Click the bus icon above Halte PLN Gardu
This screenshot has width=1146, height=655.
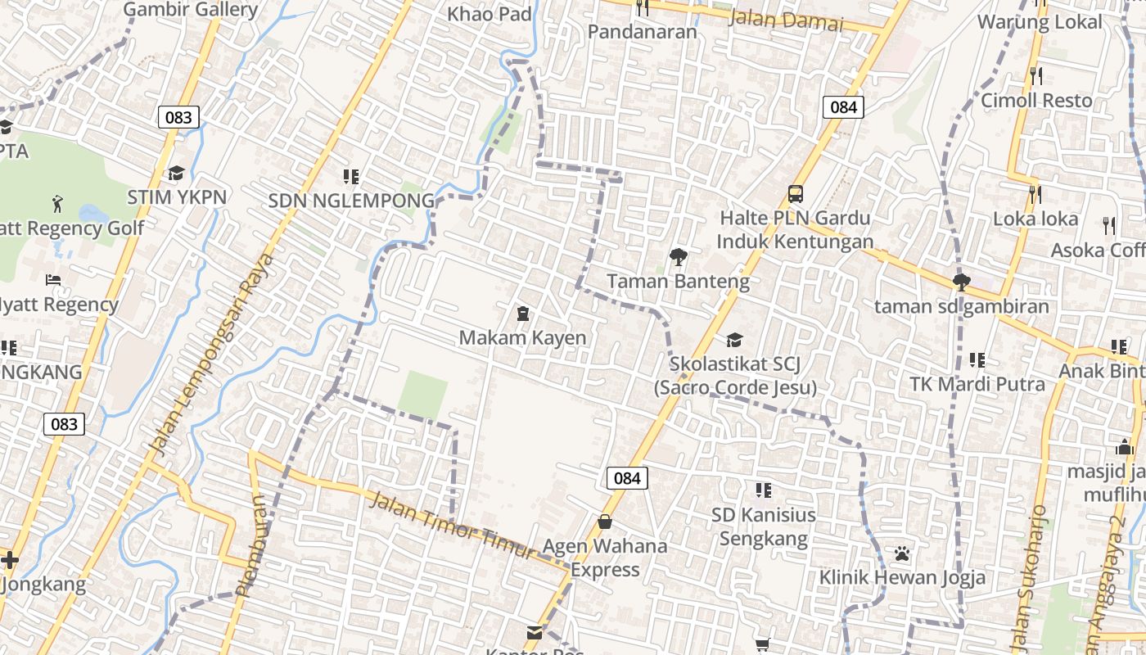click(795, 194)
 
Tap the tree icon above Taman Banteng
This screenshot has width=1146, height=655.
click(678, 257)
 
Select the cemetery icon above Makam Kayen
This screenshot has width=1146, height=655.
click(522, 314)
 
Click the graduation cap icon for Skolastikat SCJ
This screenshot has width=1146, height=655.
click(734, 340)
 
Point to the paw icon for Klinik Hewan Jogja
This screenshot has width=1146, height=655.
click(902, 553)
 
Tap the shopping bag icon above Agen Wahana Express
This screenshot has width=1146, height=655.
click(605, 522)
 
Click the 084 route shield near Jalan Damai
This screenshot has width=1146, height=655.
click(843, 106)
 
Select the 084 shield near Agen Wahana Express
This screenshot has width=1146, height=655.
click(627, 478)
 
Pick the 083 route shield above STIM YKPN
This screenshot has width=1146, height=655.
click(178, 117)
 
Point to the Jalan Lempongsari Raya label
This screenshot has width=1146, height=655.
click(211, 354)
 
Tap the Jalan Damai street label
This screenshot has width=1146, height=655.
click(785, 20)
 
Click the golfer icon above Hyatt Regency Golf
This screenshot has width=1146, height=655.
click(57, 202)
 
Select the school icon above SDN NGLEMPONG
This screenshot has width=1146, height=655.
click(351, 176)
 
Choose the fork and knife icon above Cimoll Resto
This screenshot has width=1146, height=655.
click(1036, 76)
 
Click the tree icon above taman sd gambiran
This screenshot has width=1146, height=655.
click(961, 282)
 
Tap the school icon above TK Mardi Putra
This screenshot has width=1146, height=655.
click(977, 359)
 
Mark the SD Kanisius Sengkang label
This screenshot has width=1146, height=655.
click(763, 526)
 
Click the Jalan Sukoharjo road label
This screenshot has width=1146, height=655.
click(1030, 578)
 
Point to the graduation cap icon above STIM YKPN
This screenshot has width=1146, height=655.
click(176, 173)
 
